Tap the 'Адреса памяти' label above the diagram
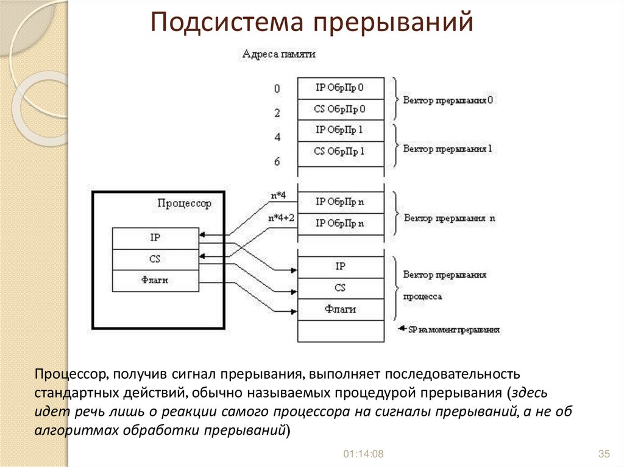pos(278,54)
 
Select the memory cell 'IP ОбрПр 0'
pos(340,88)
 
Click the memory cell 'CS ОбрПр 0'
pos(340,110)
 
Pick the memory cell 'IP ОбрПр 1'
pos(340,130)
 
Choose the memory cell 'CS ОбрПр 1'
pos(340,152)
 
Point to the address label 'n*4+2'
pos(282,218)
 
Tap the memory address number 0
pos(277,89)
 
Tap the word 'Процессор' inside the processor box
pos(184,204)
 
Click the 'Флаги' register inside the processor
pos(155,280)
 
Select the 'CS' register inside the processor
pos(155,259)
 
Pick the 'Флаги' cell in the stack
pos(340,309)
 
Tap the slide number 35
pos(604,454)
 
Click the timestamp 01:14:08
pos(363,454)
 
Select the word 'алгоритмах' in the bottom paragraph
pos(73,430)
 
